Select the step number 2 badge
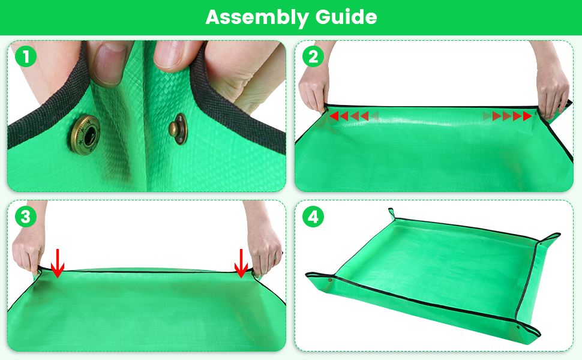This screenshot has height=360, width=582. point(313,57)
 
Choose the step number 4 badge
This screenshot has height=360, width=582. point(313,217)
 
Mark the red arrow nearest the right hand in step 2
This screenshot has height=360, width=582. point(527,116)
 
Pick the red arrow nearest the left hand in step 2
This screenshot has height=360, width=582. point(334,116)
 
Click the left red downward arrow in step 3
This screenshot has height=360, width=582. point(57,263)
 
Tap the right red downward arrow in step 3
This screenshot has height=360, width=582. point(241,263)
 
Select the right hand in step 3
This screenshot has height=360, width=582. point(264,252)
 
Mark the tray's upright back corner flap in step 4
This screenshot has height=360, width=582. point(392,213)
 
